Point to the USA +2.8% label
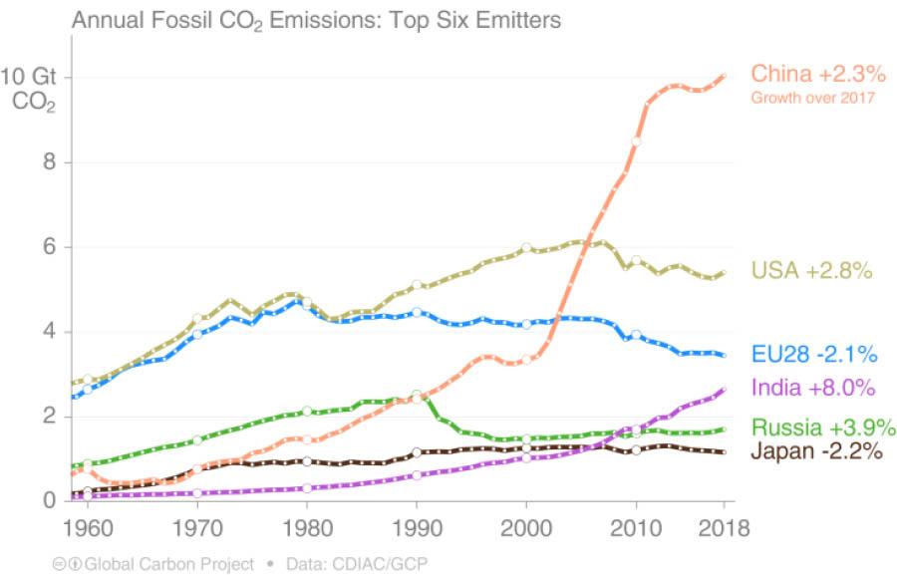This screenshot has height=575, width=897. [812, 270]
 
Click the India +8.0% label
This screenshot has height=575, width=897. [812, 388]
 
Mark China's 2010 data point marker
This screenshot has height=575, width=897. [636, 142]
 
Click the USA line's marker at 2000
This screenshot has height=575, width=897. [526, 247]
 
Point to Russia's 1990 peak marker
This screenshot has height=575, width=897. [417, 396]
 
